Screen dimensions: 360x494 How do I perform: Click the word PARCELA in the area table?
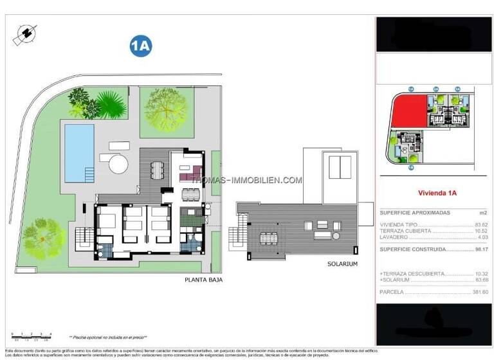click(x=392, y=291)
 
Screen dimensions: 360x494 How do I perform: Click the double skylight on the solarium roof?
click(x=339, y=167)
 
